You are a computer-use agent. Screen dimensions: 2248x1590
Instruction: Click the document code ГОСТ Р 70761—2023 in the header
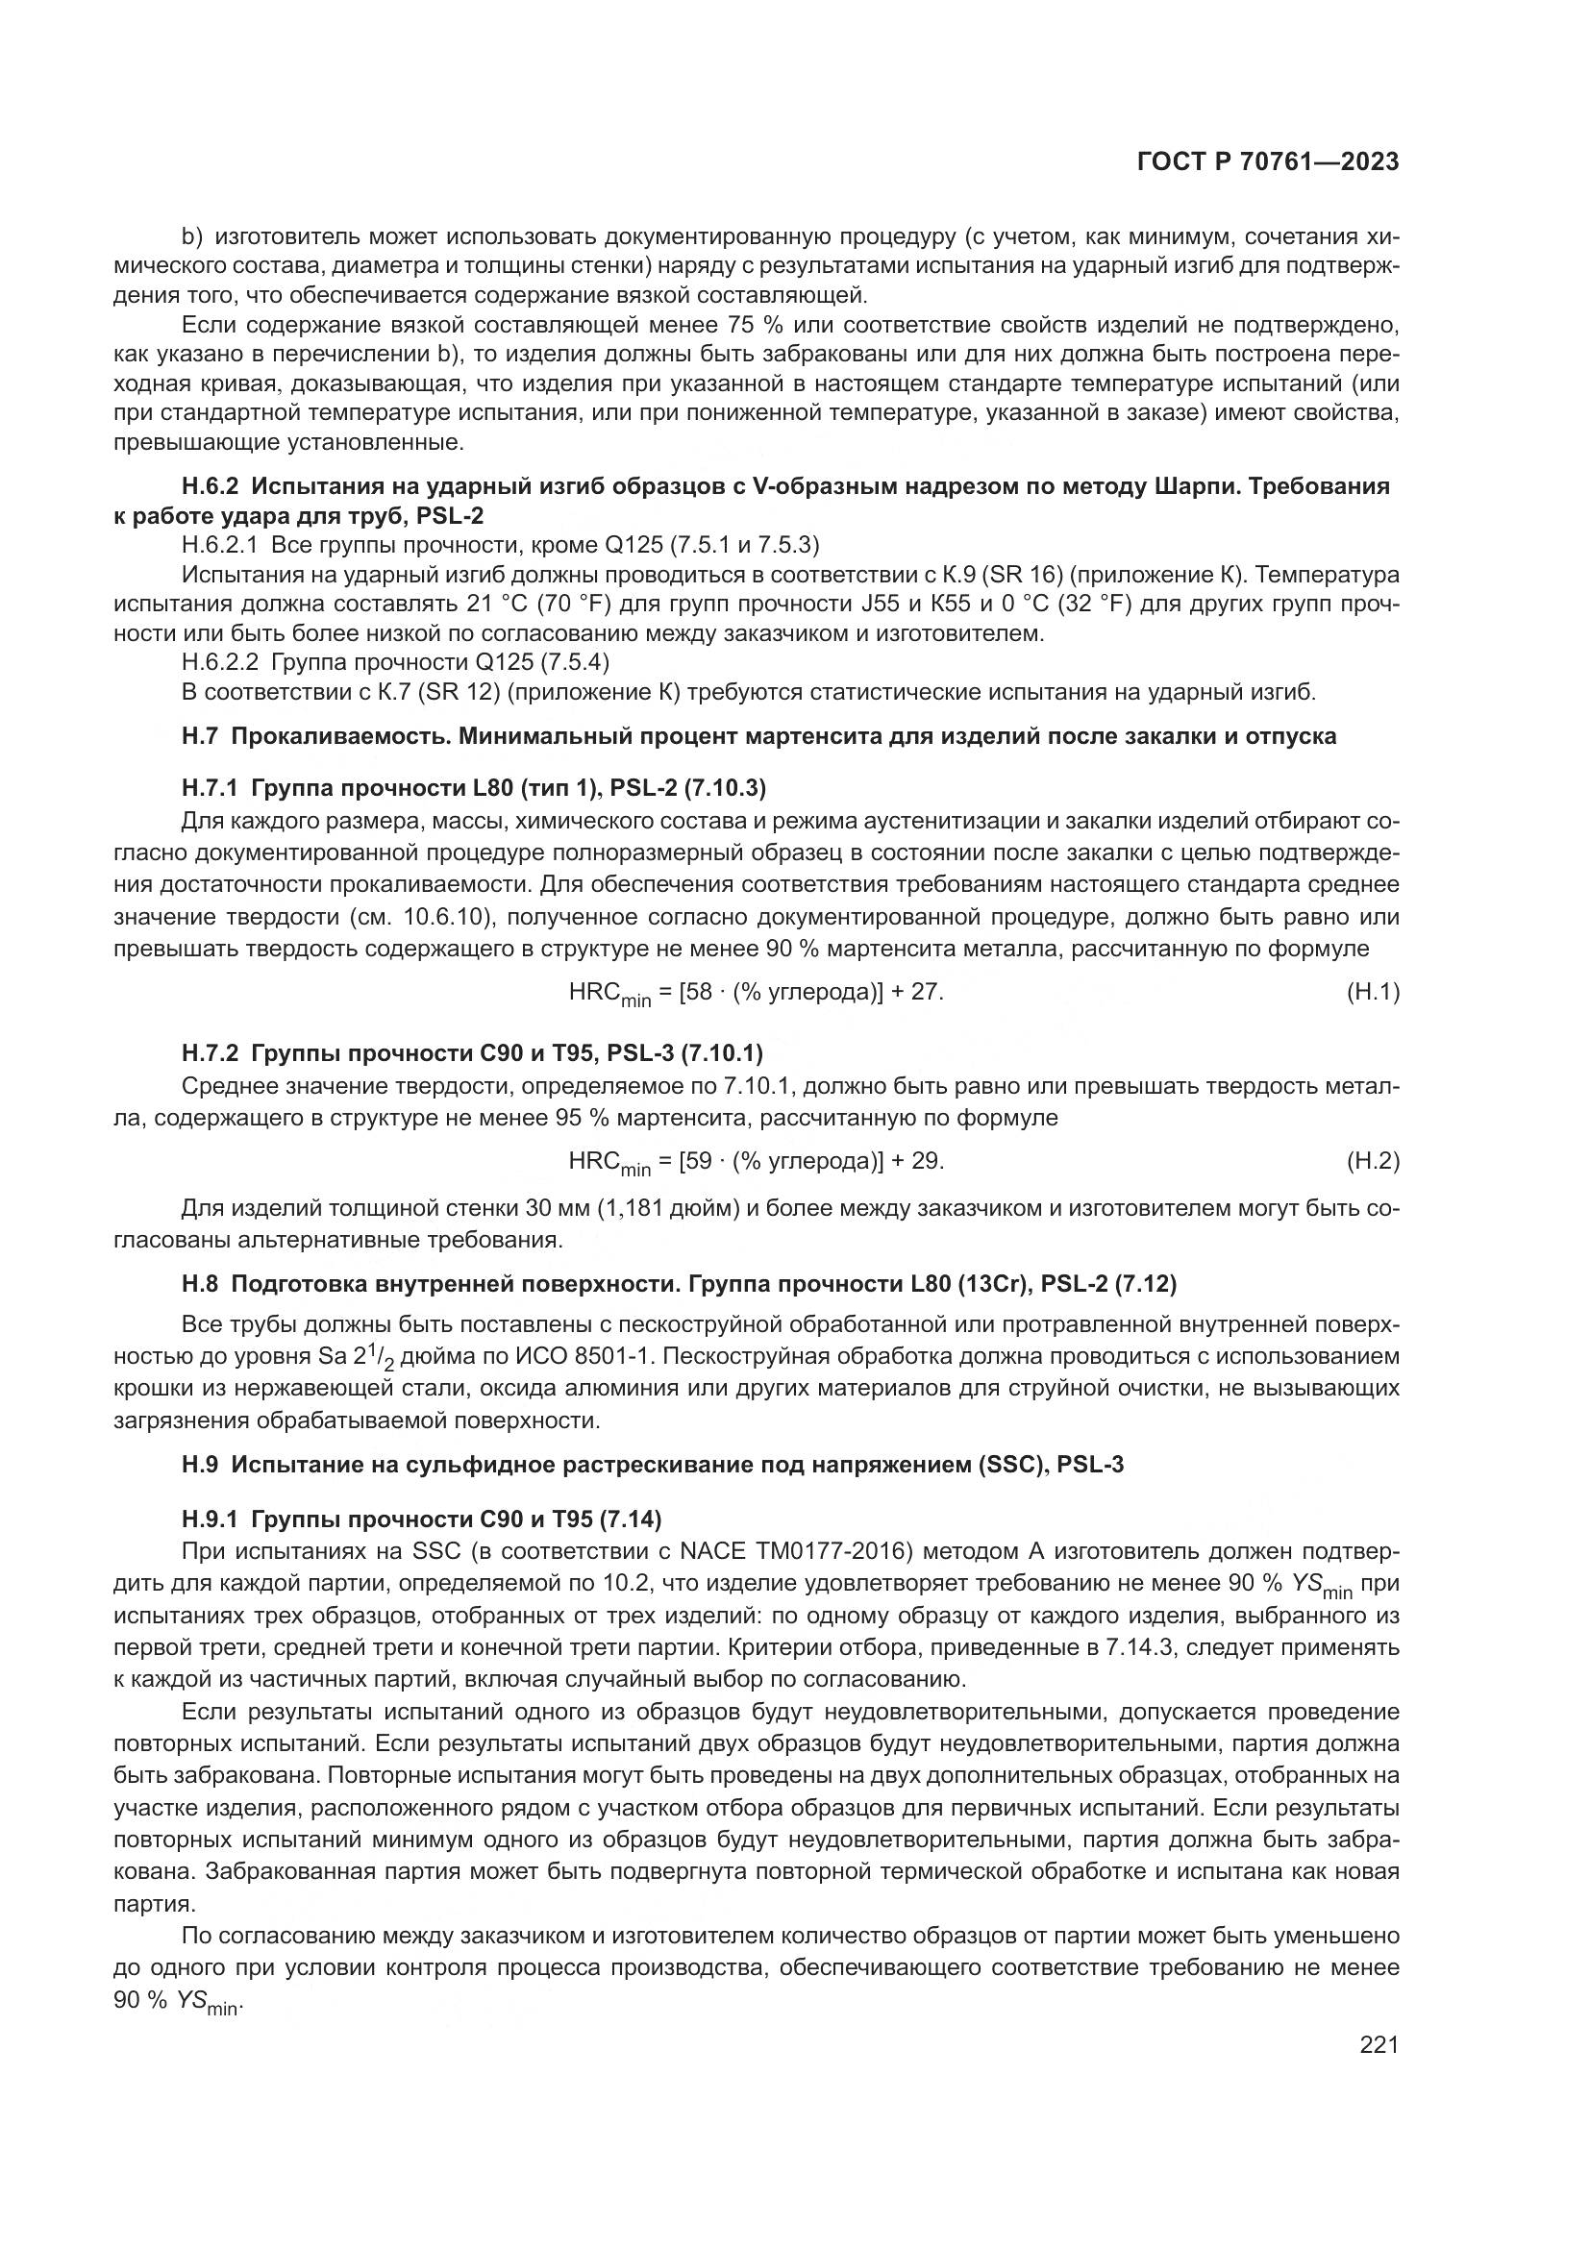pyautogui.click(x=1268, y=161)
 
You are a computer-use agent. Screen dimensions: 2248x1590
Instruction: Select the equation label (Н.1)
pyautogui.click(x=1374, y=992)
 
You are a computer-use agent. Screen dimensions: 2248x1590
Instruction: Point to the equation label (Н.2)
pyautogui.click(x=1374, y=1161)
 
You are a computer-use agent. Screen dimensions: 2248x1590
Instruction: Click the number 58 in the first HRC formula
pyautogui.click(x=698, y=992)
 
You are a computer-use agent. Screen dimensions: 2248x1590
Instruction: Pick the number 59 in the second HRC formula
pyautogui.click(x=698, y=1161)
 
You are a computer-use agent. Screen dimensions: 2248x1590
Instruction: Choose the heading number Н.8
pyautogui.click(x=201, y=1283)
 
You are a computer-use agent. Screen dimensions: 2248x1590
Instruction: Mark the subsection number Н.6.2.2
pyautogui.click(x=220, y=663)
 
